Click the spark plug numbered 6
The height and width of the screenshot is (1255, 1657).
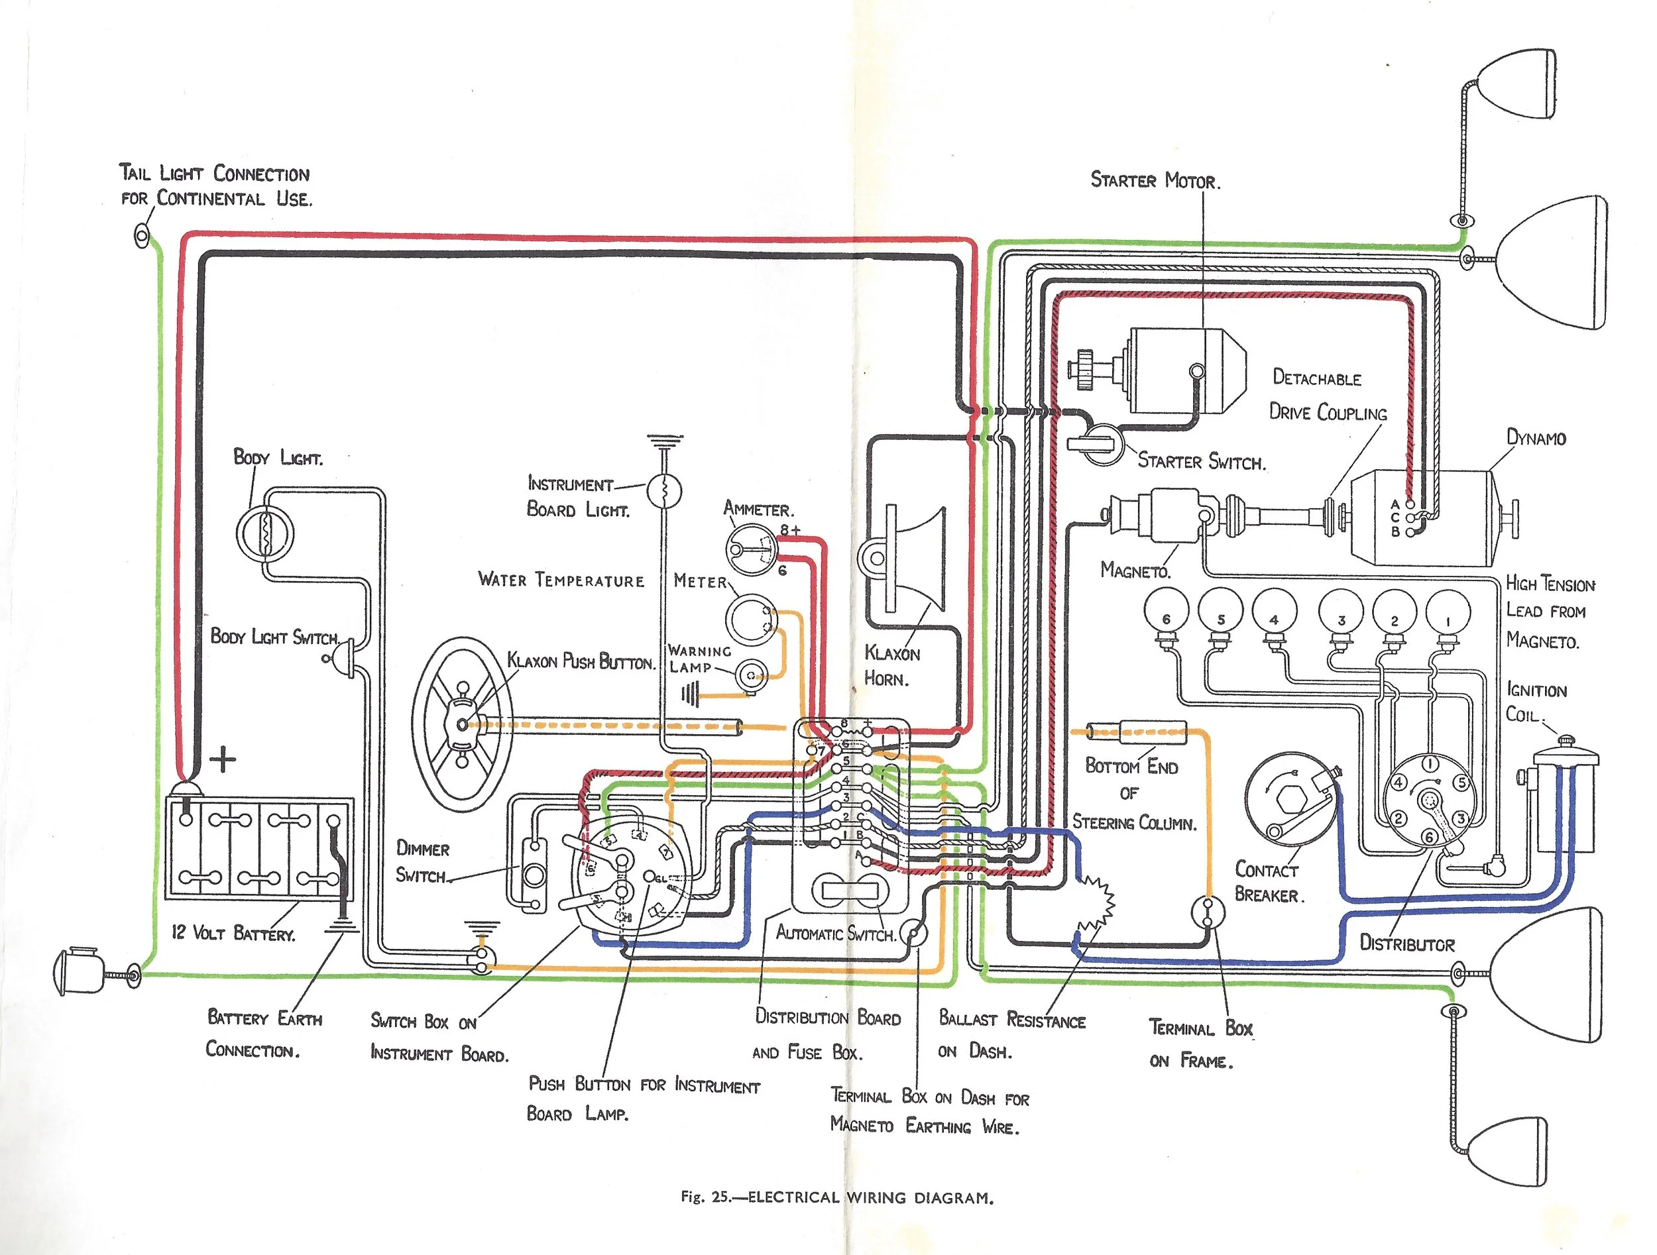pos(1166,621)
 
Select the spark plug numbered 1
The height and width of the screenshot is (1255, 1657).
pos(1448,621)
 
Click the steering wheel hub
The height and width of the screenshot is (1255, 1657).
pos(462,724)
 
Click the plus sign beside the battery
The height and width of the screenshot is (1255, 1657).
pos(223,760)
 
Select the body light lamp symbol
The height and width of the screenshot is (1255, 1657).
pos(264,535)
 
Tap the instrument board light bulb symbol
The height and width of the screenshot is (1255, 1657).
pos(664,490)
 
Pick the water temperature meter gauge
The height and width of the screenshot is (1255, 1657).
pos(749,620)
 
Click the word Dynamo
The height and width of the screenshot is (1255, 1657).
pos(1536,438)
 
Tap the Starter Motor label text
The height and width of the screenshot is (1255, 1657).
pos(1155,180)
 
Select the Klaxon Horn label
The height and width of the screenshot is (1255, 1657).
pos(891,666)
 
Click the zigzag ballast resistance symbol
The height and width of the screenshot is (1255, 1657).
pos(1095,907)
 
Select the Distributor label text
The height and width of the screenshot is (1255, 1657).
pos(1407,944)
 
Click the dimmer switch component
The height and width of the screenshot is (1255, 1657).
pos(534,874)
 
